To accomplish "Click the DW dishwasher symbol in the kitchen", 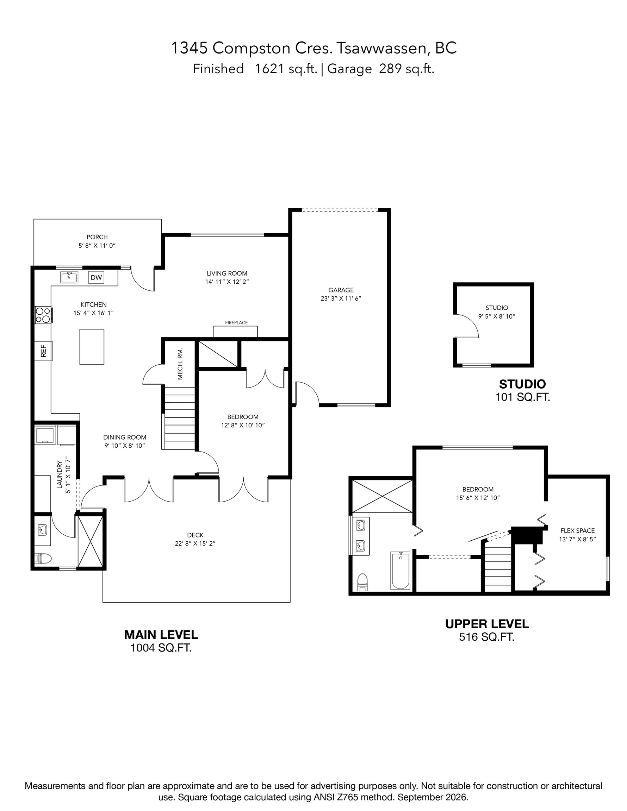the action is click(x=96, y=277).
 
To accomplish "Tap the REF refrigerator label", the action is click(x=43, y=351).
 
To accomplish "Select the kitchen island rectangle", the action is click(x=92, y=347).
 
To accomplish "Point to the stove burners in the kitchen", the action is click(x=43, y=315).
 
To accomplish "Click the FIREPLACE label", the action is click(x=236, y=323).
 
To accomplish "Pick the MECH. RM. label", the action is click(x=180, y=364).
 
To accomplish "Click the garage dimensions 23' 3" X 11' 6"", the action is click(x=341, y=298).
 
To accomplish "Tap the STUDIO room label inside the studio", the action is click(x=497, y=308).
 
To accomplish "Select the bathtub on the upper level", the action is click(x=400, y=570).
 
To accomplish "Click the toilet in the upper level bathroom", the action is click(x=362, y=582).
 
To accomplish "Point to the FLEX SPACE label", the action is click(x=577, y=531).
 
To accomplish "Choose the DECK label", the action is click(x=195, y=535).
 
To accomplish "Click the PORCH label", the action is click(x=97, y=237).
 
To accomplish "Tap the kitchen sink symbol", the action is click(x=69, y=277).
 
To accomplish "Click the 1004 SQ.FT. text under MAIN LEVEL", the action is click(x=161, y=648).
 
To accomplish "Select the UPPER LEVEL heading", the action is click(x=487, y=624).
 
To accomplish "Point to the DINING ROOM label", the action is click(x=124, y=438).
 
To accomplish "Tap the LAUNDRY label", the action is click(x=59, y=474).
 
